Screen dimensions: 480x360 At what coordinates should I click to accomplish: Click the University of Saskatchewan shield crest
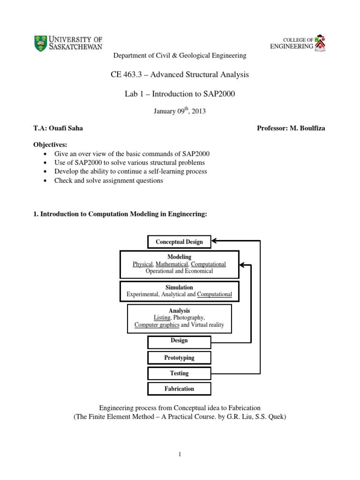tap(41, 43)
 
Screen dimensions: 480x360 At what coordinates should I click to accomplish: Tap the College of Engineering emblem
tap(321, 43)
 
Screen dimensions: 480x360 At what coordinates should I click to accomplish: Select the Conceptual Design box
tap(180, 242)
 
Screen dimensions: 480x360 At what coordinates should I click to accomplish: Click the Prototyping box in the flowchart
tap(180, 358)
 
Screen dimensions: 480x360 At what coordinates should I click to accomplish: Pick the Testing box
tap(180, 373)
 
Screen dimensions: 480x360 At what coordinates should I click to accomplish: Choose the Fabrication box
tap(180, 389)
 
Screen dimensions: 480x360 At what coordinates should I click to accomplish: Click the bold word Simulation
tap(179, 287)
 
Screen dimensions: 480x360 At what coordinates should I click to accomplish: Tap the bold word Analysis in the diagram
tap(179, 310)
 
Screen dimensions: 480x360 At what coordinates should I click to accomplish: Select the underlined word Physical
tap(143, 264)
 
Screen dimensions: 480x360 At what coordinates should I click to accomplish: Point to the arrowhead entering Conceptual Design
tap(215, 242)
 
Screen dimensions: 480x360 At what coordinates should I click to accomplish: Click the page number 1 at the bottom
tap(180, 454)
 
